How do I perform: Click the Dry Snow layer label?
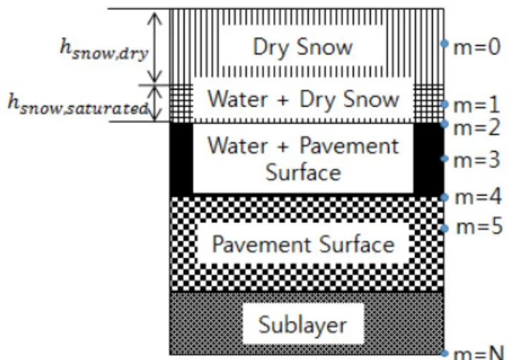[302, 47]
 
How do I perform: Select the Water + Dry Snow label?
[303, 99]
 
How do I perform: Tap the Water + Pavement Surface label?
[303, 159]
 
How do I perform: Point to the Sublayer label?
[302, 324]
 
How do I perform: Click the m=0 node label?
[477, 48]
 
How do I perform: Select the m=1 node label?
[477, 105]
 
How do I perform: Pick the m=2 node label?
[477, 127]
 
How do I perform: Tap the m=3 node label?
[477, 160]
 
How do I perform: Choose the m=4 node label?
[479, 197]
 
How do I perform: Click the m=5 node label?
[480, 226]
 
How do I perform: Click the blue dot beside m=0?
[445, 43]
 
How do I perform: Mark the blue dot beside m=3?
[445, 159]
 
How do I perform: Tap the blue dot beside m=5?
[445, 228]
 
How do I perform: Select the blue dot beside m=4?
[445, 197]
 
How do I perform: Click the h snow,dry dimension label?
[104, 50]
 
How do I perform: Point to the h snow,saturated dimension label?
[79, 104]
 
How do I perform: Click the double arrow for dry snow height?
[155, 47]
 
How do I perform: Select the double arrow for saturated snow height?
[156, 104]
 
